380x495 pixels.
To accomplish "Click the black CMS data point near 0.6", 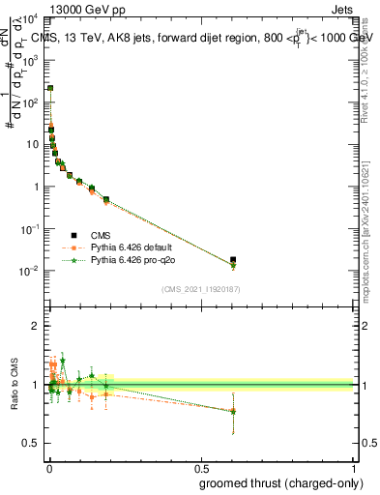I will (233, 260).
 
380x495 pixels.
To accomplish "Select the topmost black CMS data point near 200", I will (50, 88).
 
